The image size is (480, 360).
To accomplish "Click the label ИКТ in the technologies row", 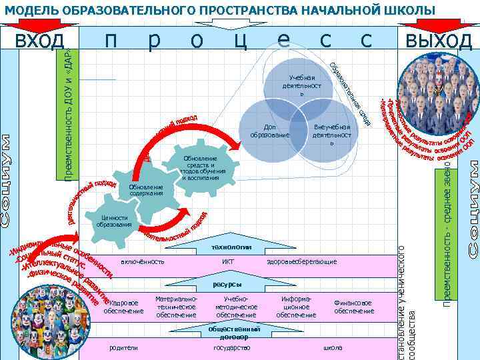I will click(227, 262).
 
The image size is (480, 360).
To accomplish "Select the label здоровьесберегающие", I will click(301, 262).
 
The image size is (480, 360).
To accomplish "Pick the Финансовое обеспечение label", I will click(354, 307).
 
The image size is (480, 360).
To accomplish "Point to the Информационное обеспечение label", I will click(296, 307).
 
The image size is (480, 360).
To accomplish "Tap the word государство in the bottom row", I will click(231, 347).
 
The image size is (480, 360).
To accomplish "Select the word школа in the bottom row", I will click(333, 347).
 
